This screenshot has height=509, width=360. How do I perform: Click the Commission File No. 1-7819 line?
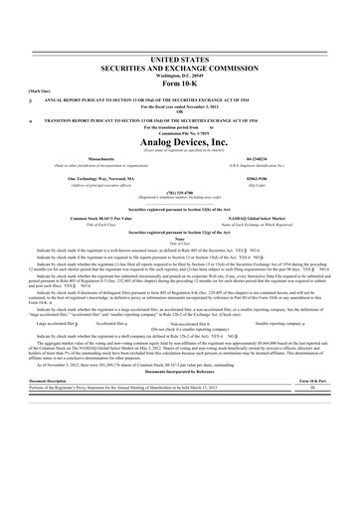[x=179, y=131]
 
